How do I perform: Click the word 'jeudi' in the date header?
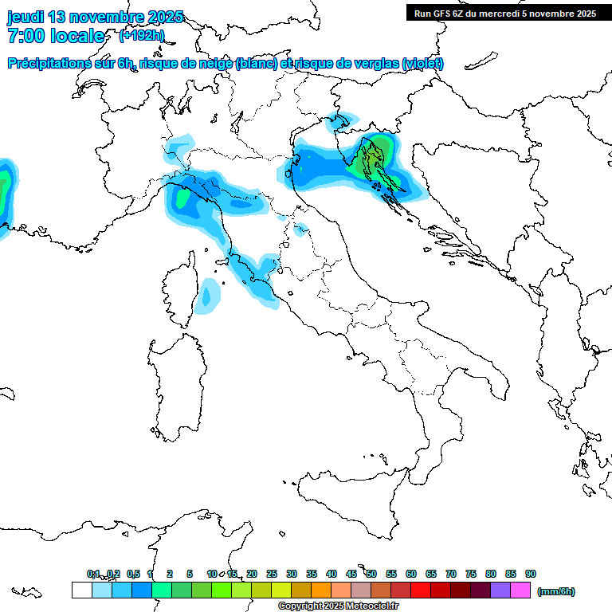coord(25,17)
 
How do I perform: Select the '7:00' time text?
coord(26,36)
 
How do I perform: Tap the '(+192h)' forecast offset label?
coord(142,36)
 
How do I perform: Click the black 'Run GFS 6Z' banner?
coord(504,13)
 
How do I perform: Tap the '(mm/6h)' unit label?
coord(556,591)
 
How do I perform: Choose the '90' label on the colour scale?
coord(531,574)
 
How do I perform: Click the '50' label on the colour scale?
coord(371,574)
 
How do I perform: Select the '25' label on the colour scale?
coord(272,574)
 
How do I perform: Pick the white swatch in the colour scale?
coord(81,590)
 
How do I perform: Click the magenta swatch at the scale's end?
coord(520,590)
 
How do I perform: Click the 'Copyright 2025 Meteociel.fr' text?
coord(338,606)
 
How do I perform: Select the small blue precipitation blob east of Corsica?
coord(210,295)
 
